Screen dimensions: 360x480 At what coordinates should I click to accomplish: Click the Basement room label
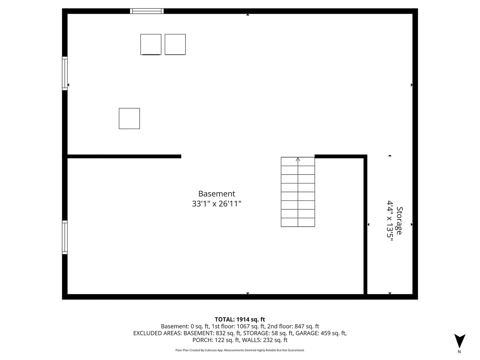(x=216, y=194)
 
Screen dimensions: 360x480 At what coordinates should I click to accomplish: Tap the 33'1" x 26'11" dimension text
(x=216, y=204)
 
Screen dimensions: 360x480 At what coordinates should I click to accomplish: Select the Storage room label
(x=399, y=220)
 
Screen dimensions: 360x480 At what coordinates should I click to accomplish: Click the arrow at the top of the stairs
(x=298, y=159)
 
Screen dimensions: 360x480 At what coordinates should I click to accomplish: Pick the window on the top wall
(x=147, y=11)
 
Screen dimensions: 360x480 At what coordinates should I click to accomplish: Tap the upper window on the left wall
(x=65, y=73)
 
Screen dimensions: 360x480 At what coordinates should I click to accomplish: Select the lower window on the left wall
(x=65, y=237)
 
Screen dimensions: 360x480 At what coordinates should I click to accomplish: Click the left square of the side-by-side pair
(x=151, y=44)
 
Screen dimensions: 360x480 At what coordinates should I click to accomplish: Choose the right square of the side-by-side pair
(x=175, y=44)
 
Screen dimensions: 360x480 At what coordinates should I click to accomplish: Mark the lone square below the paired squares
(x=129, y=118)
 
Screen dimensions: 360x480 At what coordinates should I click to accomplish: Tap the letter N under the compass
(x=459, y=352)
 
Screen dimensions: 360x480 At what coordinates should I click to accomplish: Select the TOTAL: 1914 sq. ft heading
(x=240, y=319)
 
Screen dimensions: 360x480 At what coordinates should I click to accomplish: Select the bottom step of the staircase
(x=298, y=222)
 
